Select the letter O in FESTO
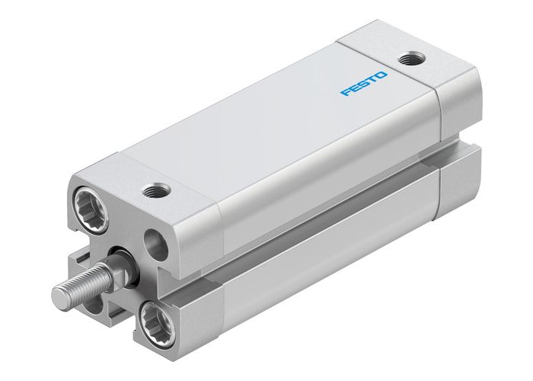coord(381,75)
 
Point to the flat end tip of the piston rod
coord(60,291)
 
